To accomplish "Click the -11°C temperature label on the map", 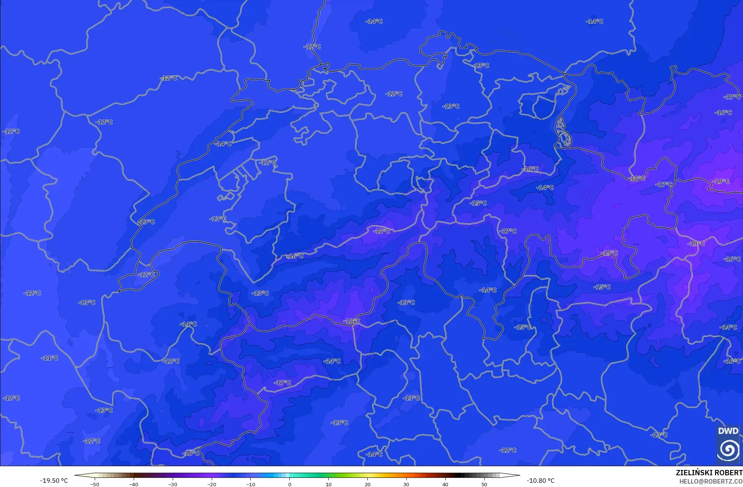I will tap(50, 358).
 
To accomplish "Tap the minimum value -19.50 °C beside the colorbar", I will tap(54, 481).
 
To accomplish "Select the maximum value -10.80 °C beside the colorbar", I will tap(540, 481).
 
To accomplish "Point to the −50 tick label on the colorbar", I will tap(95, 484).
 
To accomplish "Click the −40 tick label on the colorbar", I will tap(134, 484).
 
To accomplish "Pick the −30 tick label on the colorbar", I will tap(173, 484).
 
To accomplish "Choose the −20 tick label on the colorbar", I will tap(212, 484).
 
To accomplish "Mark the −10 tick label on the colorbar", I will tap(251, 484).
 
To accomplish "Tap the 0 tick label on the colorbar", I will tap(290, 484).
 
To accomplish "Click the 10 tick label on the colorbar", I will tap(329, 484).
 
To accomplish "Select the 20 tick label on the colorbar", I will tap(367, 484).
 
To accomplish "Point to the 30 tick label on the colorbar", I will tap(406, 484).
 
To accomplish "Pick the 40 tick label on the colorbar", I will tap(445, 484).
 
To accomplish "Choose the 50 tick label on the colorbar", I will tap(484, 484).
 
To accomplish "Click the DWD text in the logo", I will tap(728, 431).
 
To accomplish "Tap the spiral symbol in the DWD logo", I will tap(728, 449).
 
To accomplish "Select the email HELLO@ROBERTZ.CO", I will tap(711, 482).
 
